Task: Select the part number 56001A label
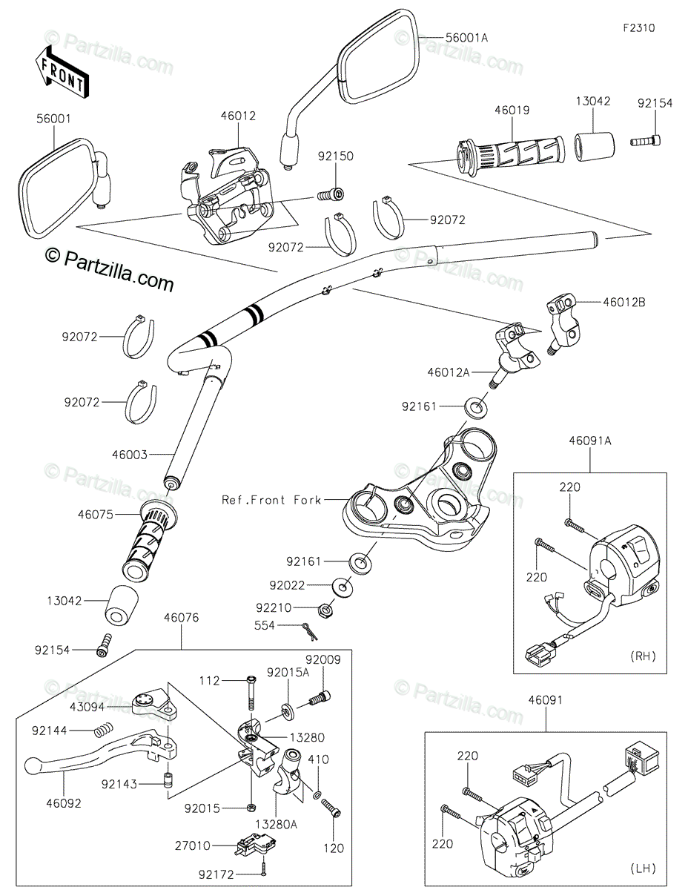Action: click(x=468, y=36)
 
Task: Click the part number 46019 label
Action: click(x=512, y=111)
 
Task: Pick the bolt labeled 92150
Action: click(x=329, y=195)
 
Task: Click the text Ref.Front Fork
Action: click(x=271, y=500)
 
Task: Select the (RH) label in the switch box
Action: click(x=641, y=656)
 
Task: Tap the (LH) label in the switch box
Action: click(x=641, y=868)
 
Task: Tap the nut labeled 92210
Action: click(x=324, y=610)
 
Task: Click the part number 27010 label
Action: click(x=193, y=844)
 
